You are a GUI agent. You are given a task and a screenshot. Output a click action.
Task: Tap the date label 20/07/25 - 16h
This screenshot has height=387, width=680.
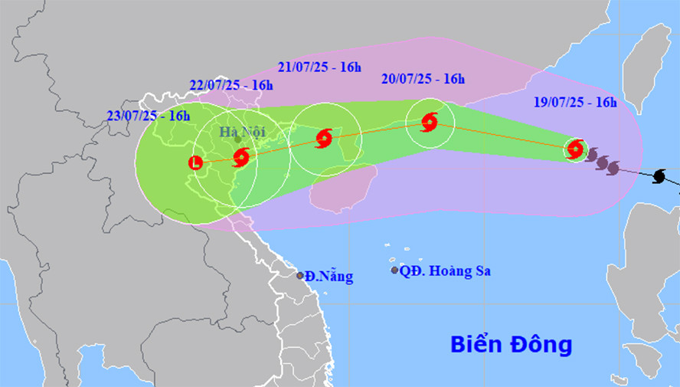[423, 78]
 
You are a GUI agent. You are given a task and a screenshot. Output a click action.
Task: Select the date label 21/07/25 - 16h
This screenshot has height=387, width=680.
[319, 67]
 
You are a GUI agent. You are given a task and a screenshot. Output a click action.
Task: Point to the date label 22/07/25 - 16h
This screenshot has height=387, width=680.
[231, 85]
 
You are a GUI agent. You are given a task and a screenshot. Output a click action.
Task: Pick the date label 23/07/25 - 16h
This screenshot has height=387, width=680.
[149, 116]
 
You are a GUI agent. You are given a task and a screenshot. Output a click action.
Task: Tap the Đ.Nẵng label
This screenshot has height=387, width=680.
[329, 277]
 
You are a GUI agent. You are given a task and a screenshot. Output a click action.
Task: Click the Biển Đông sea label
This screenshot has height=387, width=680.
[511, 344]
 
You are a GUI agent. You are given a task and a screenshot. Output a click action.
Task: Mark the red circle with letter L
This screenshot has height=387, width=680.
[196, 162]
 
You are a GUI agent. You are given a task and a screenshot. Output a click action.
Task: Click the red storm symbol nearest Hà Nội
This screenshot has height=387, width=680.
[241, 158]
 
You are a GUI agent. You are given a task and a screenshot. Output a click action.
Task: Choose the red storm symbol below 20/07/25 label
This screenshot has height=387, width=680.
[429, 121]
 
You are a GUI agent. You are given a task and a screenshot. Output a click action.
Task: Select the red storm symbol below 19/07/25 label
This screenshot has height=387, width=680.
[575, 149]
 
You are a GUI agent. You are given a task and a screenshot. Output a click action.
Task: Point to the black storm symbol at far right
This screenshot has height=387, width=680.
[659, 177]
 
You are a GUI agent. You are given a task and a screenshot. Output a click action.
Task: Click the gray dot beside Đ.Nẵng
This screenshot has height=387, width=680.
[300, 275]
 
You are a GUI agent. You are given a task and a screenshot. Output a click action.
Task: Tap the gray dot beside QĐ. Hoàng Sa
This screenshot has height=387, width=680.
[394, 270]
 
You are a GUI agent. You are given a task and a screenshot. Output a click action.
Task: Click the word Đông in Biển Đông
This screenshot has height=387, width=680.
[541, 344]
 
